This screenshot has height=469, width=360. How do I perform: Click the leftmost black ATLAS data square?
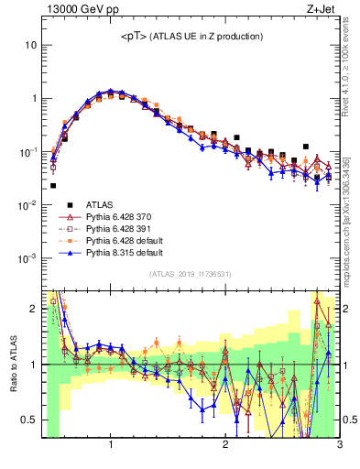pos(53,185)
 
